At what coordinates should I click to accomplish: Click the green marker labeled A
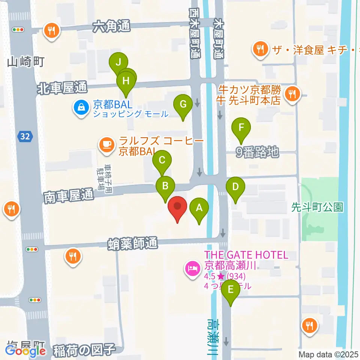[x=199, y=207]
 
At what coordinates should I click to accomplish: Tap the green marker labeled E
[x=231, y=289]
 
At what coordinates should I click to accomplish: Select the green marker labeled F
[x=241, y=127]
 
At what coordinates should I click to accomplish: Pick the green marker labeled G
[x=183, y=104]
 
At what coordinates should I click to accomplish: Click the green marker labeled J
[x=118, y=61]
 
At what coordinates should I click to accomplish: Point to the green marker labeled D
[x=235, y=187]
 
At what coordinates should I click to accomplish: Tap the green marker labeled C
[x=162, y=160]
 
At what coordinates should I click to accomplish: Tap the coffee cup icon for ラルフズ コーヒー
[x=106, y=145]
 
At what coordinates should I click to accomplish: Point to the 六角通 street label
[x=111, y=27]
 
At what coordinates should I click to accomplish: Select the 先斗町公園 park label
[x=318, y=207]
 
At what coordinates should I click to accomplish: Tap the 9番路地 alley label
[x=257, y=152]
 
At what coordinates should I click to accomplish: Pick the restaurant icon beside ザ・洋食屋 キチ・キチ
[x=260, y=49]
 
